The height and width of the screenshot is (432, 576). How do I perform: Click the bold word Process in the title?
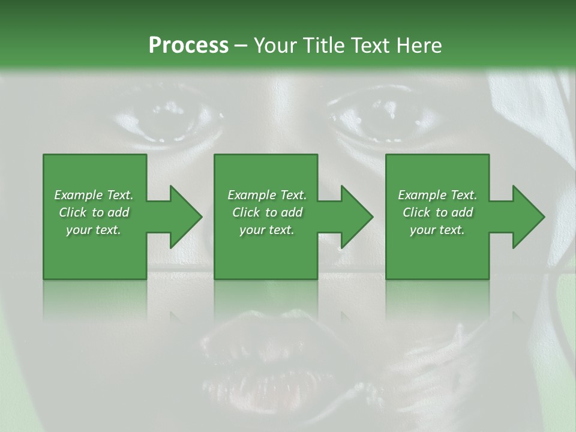click(188, 46)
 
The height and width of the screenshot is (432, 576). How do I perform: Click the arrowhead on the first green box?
click(184, 217)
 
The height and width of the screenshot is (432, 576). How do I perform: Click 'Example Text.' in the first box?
click(94, 195)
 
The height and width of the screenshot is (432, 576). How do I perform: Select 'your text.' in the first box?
click(94, 230)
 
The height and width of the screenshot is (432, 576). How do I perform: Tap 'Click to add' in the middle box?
click(267, 212)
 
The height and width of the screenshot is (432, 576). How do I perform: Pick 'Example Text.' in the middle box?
click(267, 195)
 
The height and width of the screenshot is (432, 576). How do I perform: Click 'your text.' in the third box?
click(437, 230)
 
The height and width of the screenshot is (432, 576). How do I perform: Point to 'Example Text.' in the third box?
click(437, 195)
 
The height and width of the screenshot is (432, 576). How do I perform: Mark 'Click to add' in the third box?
click(437, 212)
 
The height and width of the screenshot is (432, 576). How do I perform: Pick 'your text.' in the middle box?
click(267, 230)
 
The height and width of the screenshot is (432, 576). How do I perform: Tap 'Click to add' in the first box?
click(94, 212)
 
